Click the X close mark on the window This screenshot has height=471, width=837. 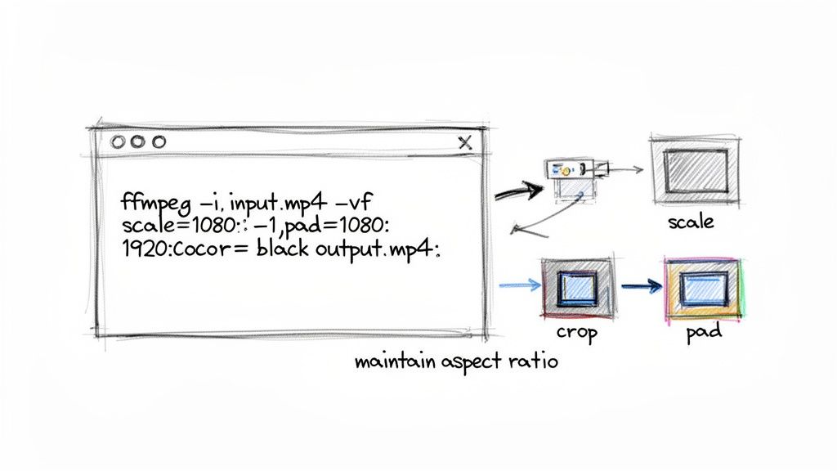[465, 142]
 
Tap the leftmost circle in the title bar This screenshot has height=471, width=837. [119, 141]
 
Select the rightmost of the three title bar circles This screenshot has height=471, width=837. [158, 141]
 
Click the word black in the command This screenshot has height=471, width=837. [284, 250]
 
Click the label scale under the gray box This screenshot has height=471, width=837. [691, 222]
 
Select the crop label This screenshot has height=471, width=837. [577, 332]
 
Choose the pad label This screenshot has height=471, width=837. [704, 334]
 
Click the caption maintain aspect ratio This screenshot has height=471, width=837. [456, 361]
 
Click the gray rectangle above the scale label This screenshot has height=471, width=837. [695, 171]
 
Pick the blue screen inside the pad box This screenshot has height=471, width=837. [704, 288]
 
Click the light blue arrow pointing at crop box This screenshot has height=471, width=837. [518, 285]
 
